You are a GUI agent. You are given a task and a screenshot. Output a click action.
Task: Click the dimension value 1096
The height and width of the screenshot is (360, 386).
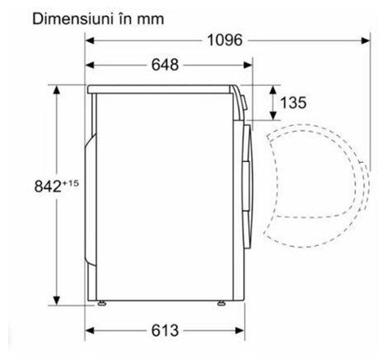[x=225, y=40]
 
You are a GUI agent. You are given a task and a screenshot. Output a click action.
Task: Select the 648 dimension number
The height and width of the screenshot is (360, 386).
[x=164, y=65]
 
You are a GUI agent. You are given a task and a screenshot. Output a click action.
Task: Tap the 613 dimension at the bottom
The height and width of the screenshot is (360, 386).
[x=164, y=331]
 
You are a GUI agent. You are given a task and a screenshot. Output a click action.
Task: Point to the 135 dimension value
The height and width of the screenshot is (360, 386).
[x=293, y=102]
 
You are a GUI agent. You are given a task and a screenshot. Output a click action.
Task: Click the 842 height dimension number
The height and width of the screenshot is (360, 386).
[x=48, y=186]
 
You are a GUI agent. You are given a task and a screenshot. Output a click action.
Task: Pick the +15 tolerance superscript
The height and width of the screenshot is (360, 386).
[x=70, y=184]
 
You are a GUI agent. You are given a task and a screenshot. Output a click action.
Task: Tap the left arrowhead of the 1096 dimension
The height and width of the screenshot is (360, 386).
[x=90, y=40]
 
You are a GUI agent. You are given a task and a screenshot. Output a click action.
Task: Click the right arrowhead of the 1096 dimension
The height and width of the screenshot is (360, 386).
[x=366, y=40]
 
